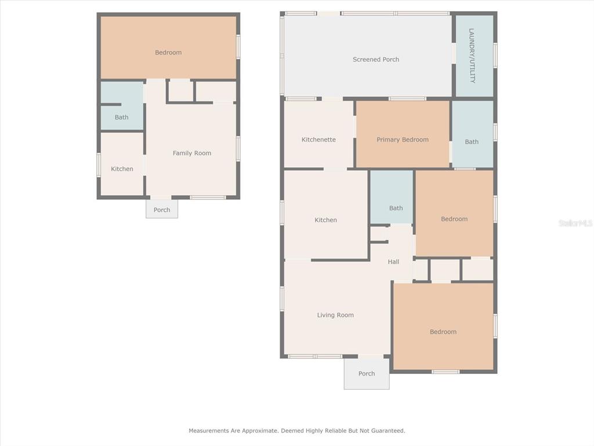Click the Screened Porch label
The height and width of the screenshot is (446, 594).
376,60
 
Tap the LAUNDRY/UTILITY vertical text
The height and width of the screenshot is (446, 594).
472,56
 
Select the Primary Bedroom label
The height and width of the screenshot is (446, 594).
403,139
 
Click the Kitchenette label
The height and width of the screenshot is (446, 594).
318,139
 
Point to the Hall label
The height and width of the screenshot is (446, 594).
393,262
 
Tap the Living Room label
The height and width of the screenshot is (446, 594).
335,315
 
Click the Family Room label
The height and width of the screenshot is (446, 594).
191,153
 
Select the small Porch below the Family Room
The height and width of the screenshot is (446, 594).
162,209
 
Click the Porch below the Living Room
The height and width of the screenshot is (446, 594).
367,374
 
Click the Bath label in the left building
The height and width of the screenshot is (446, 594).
121,117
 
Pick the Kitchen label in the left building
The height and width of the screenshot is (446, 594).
122,169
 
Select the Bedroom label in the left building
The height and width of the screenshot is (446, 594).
168,52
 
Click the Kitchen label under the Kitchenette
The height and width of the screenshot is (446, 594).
325,220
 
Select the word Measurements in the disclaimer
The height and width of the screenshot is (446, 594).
209,430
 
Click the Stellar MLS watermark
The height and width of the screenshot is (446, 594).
575,223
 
